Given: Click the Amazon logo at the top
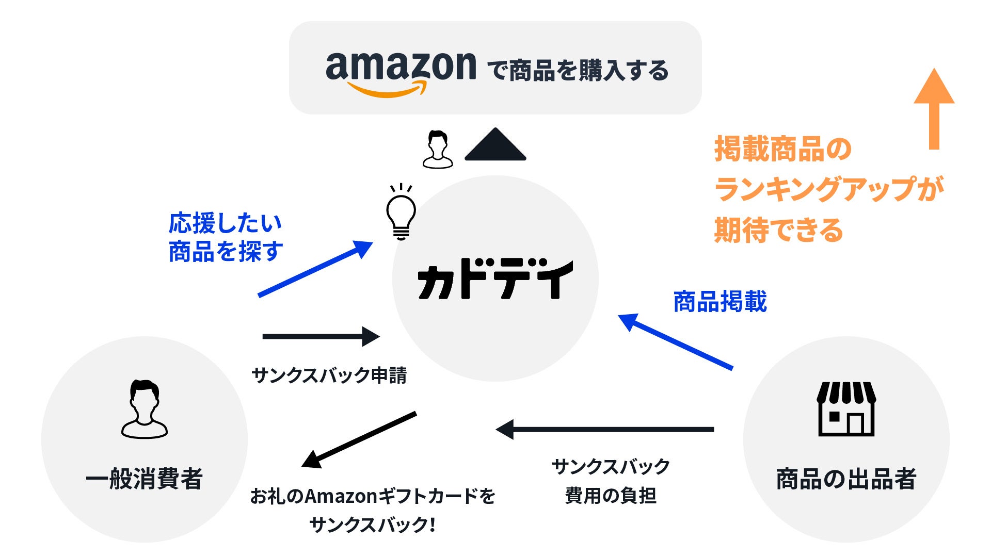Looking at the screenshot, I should [401, 72].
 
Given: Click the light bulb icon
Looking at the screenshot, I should [401, 213].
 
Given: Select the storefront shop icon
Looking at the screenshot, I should [846, 409].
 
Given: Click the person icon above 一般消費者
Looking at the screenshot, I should [145, 409].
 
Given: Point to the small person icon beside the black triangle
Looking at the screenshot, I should [438, 150].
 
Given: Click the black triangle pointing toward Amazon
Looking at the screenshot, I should [495, 145].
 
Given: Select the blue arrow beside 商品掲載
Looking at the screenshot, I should [675, 341].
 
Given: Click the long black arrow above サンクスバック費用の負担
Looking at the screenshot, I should [604, 429].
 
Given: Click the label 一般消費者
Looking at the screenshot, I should [144, 479].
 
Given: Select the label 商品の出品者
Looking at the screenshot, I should [846, 479].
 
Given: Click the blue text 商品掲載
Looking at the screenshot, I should [720, 302].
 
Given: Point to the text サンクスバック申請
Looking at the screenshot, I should [329, 375].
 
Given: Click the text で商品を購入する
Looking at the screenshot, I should [578, 71].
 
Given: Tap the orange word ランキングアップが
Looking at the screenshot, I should [829, 189].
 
